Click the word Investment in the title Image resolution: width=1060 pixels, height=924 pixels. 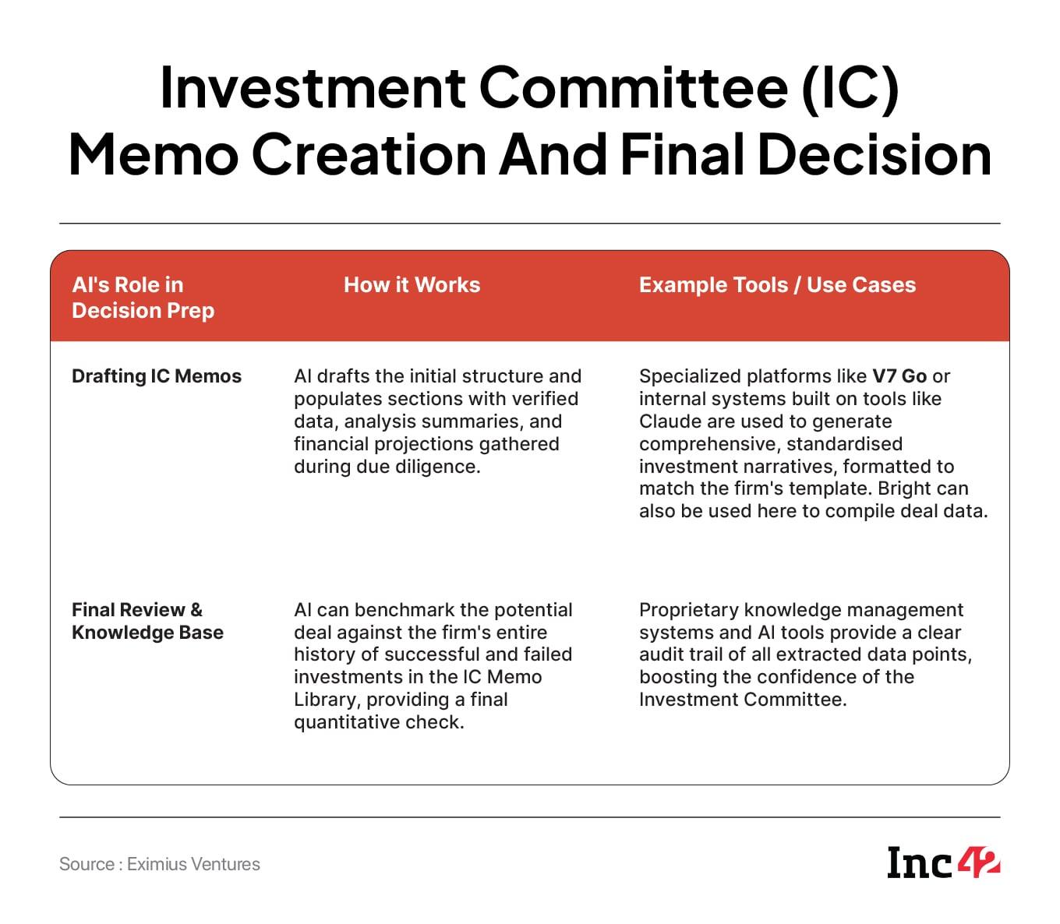[313, 87]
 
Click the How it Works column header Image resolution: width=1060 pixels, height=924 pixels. [412, 284]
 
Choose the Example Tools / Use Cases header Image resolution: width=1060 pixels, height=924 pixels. [777, 284]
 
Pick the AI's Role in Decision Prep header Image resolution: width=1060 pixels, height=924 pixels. [143, 298]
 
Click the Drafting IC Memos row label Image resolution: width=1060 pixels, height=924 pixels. [157, 376]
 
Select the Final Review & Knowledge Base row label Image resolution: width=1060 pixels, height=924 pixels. [147, 621]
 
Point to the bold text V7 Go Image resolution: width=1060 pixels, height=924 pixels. [899, 376]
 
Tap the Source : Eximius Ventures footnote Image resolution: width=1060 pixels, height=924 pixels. [160, 864]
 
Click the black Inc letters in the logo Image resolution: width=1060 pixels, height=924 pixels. [920, 863]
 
